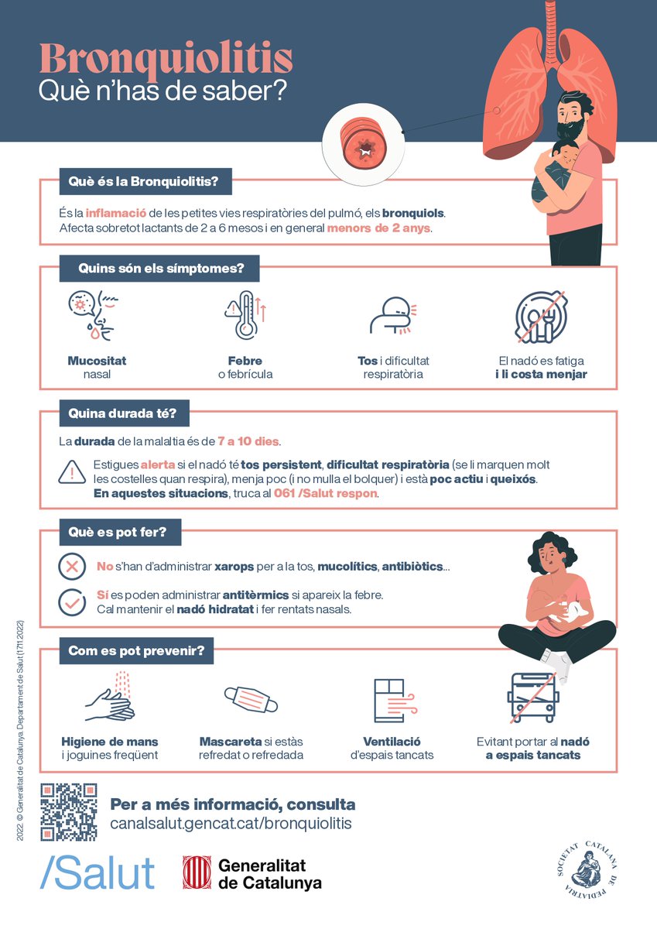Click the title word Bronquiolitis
tap(166, 58)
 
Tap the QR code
tap(69, 812)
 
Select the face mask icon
tap(250, 699)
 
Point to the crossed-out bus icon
tap(533, 697)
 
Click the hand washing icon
tap(111, 698)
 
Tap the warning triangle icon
tap(72, 472)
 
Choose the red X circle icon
tap(72, 567)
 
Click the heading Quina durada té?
tap(124, 414)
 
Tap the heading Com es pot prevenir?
tap(136, 651)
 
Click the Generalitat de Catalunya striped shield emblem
tap(197, 872)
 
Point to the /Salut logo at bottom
tap(98, 872)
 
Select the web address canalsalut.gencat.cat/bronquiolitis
tap(231, 823)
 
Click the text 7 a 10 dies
tap(248, 442)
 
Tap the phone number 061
tap(286, 494)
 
